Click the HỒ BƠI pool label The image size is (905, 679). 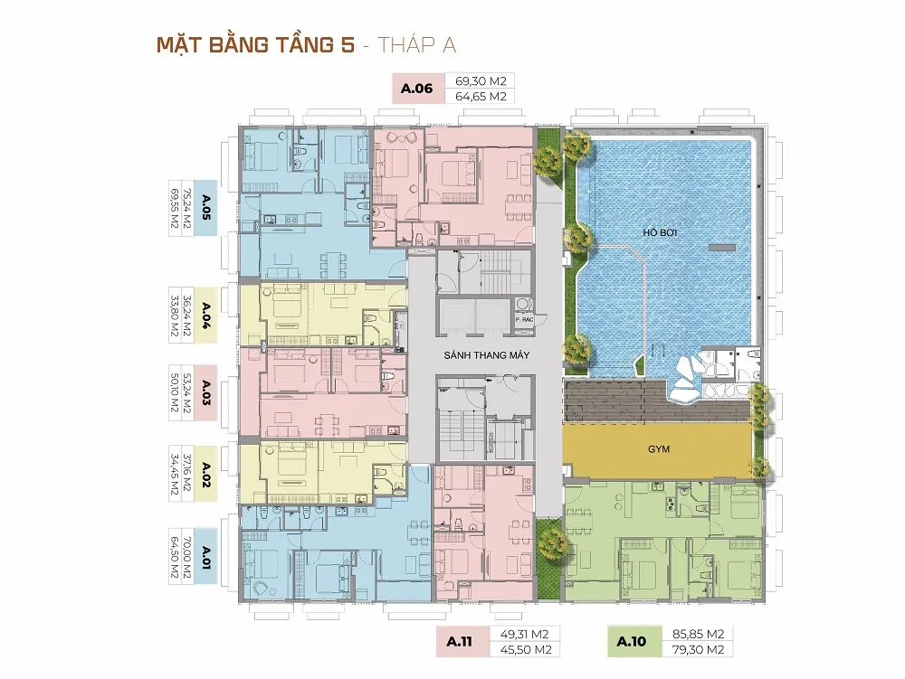pyautogui.click(x=660, y=232)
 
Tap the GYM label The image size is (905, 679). pyautogui.click(x=659, y=449)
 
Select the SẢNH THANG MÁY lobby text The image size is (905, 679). pyautogui.click(x=487, y=355)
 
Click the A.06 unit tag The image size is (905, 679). pyautogui.click(x=416, y=89)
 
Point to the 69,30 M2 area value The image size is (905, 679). pyautogui.click(x=481, y=81)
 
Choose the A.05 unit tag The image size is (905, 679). pyautogui.click(x=206, y=208)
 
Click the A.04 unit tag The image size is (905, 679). pyautogui.click(x=206, y=316)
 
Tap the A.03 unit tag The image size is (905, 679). pyautogui.click(x=206, y=392)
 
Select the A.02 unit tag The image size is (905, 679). pyautogui.click(x=206, y=474)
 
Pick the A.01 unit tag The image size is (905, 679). pyautogui.click(x=206, y=557)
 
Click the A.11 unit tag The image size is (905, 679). pyautogui.click(x=460, y=642)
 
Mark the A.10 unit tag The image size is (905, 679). pyautogui.click(x=632, y=642)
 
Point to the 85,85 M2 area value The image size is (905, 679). pyautogui.click(x=699, y=634)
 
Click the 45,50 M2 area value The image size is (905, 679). pyautogui.click(x=526, y=649)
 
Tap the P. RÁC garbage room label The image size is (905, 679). pyautogui.click(x=524, y=319)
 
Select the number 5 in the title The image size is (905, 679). pyautogui.click(x=347, y=45)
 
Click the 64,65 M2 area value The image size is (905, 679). pyautogui.click(x=481, y=96)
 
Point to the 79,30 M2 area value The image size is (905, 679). pyautogui.click(x=699, y=649)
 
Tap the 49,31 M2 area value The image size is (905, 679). pyautogui.click(x=524, y=634)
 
